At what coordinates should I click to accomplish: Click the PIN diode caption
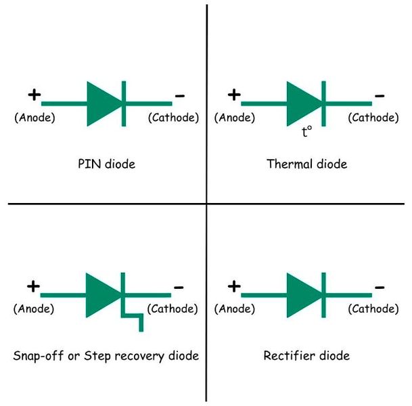pyautogui.click(x=107, y=164)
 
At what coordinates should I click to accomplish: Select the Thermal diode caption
pyautogui.click(x=306, y=164)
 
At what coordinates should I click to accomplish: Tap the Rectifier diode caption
pyautogui.click(x=306, y=355)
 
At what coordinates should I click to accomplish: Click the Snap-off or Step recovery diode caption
pyautogui.click(x=106, y=355)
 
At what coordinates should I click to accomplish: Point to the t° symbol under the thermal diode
pyautogui.click(x=306, y=132)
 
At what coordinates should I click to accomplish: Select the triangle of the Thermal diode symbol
pyautogui.click(x=302, y=104)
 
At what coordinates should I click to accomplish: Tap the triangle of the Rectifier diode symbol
pyautogui.click(x=302, y=294)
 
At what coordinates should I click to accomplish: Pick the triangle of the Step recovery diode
pyautogui.click(x=102, y=294)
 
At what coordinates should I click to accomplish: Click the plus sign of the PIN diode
pyautogui.click(x=33, y=95)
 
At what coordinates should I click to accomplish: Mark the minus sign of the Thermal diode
pyautogui.click(x=380, y=95)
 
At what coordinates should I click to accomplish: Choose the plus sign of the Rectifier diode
pyautogui.click(x=233, y=286)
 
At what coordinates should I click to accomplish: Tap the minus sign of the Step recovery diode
pyautogui.click(x=179, y=287)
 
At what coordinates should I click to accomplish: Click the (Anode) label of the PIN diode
pyautogui.click(x=35, y=117)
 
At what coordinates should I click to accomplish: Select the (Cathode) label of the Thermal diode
pyautogui.click(x=373, y=117)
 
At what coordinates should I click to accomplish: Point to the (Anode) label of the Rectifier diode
pyautogui.click(x=235, y=309)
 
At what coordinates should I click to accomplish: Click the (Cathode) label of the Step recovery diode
pyautogui.click(x=173, y=309)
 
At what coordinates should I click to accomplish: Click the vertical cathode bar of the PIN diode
pyautogui.click(x=123, y=104)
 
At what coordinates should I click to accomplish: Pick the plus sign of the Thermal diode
pyautogui.click(x=233, y=95)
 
